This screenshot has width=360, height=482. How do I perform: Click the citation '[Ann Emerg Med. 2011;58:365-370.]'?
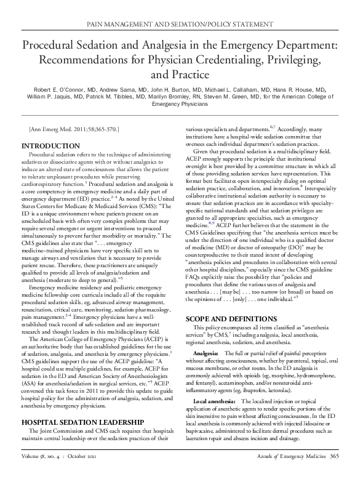pos(74,129)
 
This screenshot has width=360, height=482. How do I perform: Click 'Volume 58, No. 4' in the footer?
pos(44,473)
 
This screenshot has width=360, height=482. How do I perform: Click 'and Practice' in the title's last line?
pos(180,76)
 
